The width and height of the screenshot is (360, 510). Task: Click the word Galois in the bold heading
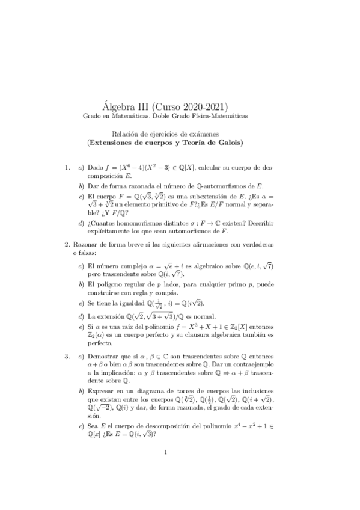227,143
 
